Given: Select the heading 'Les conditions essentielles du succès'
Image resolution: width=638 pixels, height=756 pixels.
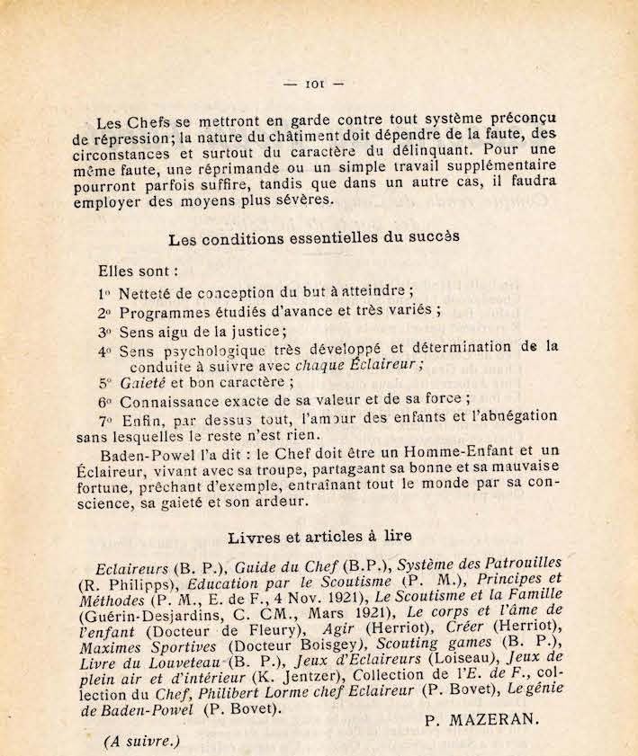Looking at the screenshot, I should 314,237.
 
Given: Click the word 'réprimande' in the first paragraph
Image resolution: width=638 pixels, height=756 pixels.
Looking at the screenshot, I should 226,167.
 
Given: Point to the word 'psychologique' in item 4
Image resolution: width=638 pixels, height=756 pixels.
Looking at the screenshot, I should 219,350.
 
